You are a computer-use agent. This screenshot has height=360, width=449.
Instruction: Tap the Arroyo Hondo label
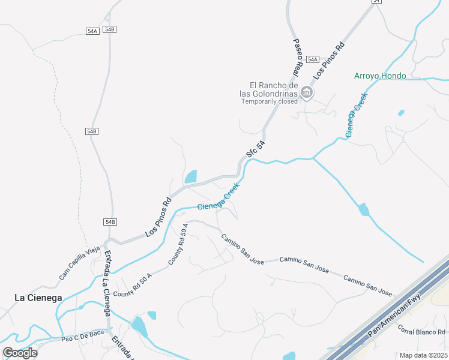(x=380, y=76)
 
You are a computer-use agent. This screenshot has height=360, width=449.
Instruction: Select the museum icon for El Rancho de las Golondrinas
(x=307, y=92)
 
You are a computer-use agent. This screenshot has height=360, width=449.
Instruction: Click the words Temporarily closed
(x=270, y=101)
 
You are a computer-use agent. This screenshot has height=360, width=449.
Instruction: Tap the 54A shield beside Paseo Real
(x=312, y=59)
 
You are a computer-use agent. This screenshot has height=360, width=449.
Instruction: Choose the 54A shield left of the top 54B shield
(x=92, y=31)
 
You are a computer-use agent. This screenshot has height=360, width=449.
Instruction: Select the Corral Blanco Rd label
(x=422, y=332)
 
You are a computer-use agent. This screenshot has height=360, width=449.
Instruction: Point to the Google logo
(x=20, y=353)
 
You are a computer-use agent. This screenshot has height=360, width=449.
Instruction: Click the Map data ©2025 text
(x=423, y=355)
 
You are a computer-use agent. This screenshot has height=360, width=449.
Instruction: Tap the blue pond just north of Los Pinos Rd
(x=190, y=177)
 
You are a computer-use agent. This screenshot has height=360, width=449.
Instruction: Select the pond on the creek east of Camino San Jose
(x=363, y=210)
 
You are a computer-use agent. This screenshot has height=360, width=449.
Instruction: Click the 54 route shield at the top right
(x=376, y=2)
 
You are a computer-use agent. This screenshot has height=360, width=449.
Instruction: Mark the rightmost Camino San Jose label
(x=367, y=286)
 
